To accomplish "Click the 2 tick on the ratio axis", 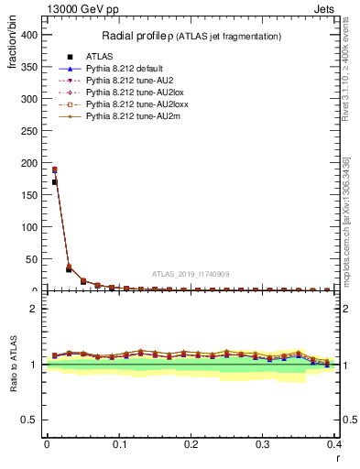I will click(x=34, y=309).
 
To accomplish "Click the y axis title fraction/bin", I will click(x=11, y=55).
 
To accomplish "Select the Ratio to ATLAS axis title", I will click(x=11, y=366).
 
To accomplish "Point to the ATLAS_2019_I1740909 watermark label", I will click(x=191, y=274).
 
